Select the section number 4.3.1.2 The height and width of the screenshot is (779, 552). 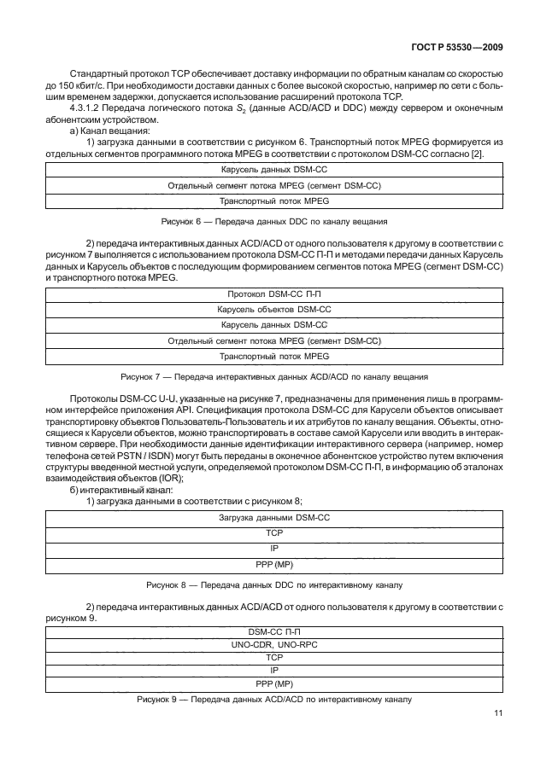(x=91, y=109)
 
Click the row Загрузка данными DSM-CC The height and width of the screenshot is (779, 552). (x=274, y=517)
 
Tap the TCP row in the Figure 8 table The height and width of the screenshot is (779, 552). (x=274, y=532)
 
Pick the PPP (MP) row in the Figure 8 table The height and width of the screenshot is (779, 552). (x=274, y=564)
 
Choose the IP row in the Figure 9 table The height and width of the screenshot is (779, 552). (x=274, y=671)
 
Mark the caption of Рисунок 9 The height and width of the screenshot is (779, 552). (x=274, y=700)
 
